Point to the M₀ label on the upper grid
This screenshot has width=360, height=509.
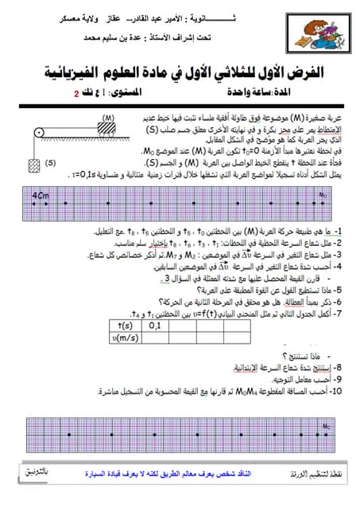pos(323,194)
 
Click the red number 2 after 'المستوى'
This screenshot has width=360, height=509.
pos(77,93)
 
